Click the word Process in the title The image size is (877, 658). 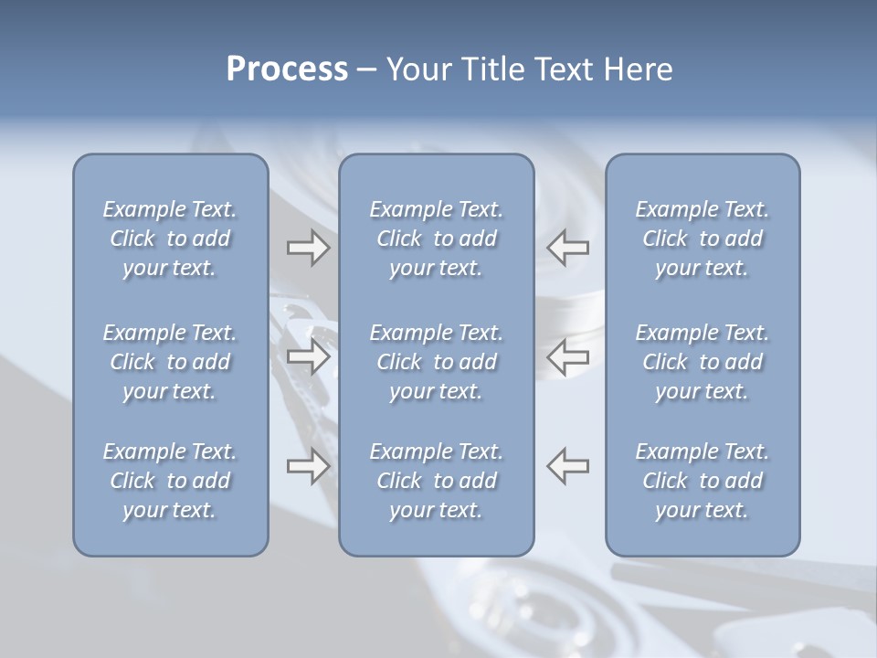coord(287,69)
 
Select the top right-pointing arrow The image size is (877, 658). coord(308,248)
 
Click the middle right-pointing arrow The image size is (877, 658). coord(308,357)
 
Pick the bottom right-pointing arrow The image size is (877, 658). coord(308,467)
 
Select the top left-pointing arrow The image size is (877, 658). coord(568,248)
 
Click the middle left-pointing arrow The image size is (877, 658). coord(568,357)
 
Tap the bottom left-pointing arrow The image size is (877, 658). coord(568,465)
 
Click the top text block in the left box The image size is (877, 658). coord(170,239)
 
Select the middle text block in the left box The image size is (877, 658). coord(170,362)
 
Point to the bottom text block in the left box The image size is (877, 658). coord(170,481)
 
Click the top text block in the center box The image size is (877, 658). coord(437,239)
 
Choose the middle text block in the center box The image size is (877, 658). coord(437,362)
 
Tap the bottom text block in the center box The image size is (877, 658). coord(437,481)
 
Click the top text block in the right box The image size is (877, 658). coord(703,239)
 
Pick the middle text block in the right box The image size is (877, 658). coord(703,362)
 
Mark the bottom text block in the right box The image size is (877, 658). coord(703,481)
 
